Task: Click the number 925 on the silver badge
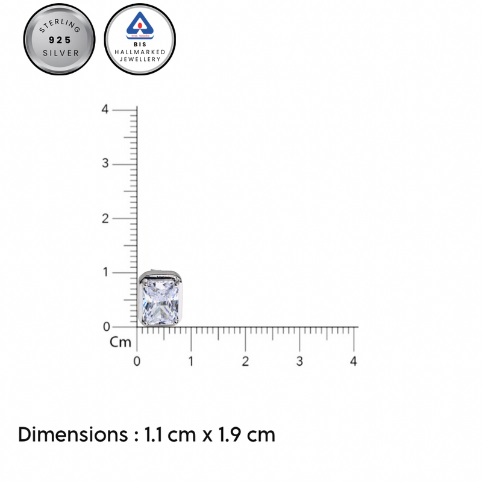pyautogui.click(x=60, y=40)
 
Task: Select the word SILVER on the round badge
pyautogui.click(x=60, y=53)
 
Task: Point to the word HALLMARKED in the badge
pyautogui.click(x=140, y=53)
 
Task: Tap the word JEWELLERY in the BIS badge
pyautogui.click(x=140, y=60)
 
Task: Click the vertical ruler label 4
pyautogui.click(x=105, y=110)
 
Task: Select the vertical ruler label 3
pyautogui.click(x=105, y=164)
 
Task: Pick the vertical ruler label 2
pyautogui.click(x=105, y=218)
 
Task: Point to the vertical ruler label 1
pyautogui.click(x=105, y=272)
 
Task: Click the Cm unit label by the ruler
pyautogui.click(x=120, y=342)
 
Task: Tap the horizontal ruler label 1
pyautogui.click(x=191, y=361)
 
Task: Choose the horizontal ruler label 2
pyautogui.click(x=245, y=361)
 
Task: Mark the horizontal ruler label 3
pyautogui.click(x=299, y=361)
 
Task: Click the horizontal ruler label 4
pyautogui.click(x=354, y=361)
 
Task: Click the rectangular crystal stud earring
pyautogui.click(x=160, y=299)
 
